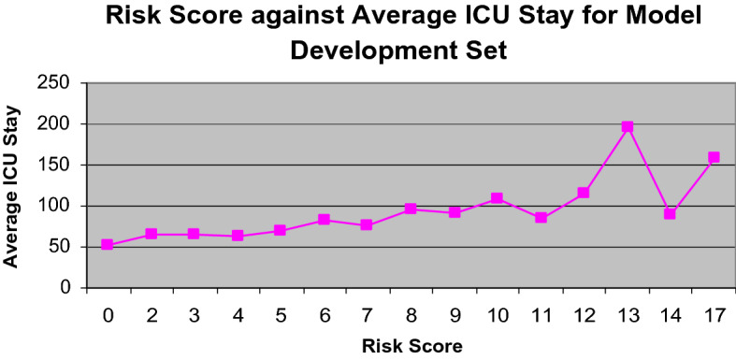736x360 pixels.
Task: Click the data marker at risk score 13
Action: (x=628, y=126)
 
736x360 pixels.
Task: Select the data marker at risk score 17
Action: (x=714, y=157)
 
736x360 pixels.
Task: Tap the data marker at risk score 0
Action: (x=108, y=245)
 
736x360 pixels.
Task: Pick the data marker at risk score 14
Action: (x=671, y=214)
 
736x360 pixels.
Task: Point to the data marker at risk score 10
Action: (x=498, y=198)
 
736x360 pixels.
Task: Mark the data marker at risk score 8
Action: (x=411, y=209)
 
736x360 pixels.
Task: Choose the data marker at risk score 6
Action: (x=324, y=220)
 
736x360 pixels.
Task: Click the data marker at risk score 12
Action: (x=584, y=193)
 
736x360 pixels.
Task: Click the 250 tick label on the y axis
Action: (x=59, y=83)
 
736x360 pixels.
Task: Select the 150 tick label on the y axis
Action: (x=59, y=165)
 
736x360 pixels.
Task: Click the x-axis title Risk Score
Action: (x=411, y=347)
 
